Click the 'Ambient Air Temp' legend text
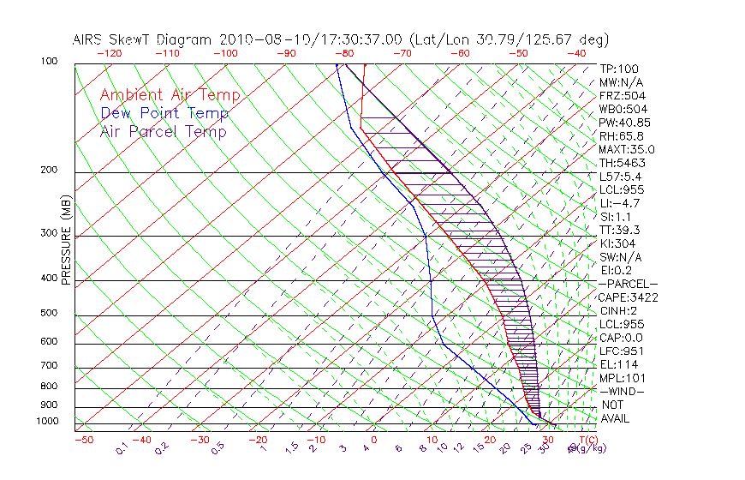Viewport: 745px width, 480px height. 170,95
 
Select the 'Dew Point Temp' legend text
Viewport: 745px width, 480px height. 164,113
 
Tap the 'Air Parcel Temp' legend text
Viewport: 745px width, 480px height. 163,131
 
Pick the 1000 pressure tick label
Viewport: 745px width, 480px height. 48,422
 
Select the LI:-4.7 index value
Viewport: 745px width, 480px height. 620,203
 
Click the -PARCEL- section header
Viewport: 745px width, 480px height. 628,284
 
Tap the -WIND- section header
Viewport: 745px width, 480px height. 623,391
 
